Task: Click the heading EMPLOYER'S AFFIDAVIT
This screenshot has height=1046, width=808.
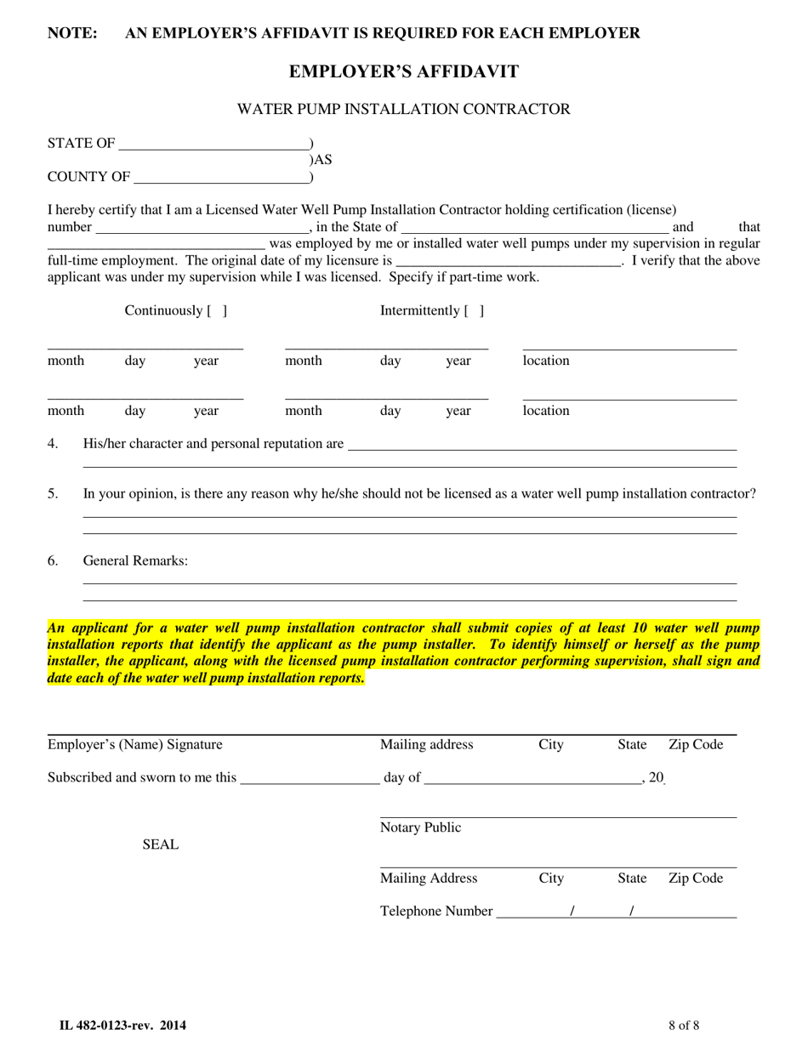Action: tap(403, 71)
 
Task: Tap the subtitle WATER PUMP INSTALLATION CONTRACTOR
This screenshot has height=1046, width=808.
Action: tap(403, 109)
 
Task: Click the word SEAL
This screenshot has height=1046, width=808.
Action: tap(161, 844)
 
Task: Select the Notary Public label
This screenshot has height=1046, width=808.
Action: tap(420, 828)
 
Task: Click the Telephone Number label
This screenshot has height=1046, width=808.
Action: tap(435, 912)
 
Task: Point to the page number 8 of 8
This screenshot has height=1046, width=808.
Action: tap(684, 1026)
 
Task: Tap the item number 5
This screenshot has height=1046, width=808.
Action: tap(53, 493)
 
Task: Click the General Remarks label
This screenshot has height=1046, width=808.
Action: tap(135, 561)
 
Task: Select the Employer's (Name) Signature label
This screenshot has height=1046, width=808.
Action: tap(134, 745)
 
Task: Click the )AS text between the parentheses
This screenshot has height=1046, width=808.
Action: tap(321, 160)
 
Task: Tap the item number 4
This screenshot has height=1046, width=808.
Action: tap(53, 444)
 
